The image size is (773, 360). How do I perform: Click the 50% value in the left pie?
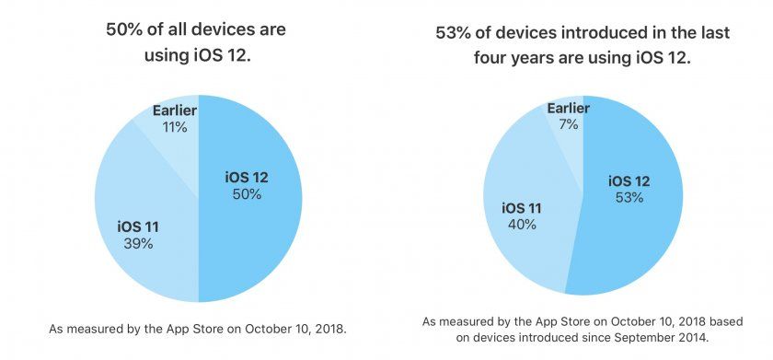coord(247,194)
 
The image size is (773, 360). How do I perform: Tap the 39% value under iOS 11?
coord(138,243)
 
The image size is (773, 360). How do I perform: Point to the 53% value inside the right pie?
coord(629,198)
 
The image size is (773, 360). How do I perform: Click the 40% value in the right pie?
coord(521,225)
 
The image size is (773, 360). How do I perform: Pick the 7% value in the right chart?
coord(568,124)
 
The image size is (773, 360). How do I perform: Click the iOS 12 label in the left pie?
coord(247,177)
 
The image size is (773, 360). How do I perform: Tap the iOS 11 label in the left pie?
coord(138,226)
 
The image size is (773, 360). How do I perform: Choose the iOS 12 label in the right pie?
coord(629,180)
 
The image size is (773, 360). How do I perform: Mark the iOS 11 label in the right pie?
coord(521,207)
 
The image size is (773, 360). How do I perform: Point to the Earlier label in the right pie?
coord(568,108)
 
